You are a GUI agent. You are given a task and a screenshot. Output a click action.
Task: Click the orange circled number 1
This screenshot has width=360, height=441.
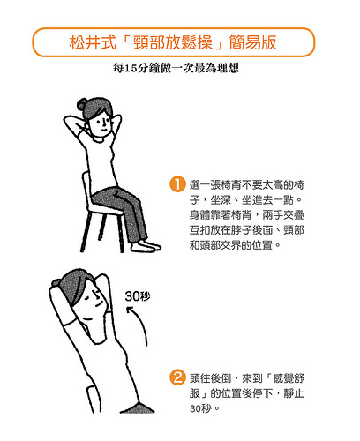pos(177,184)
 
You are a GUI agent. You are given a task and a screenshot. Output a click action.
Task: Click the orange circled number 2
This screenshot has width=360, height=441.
pos(177,377)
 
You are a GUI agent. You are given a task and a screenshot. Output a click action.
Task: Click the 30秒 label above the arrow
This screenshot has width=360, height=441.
pos(138,296)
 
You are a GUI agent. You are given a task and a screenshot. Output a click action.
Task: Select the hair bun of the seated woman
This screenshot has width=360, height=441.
pos(81,104)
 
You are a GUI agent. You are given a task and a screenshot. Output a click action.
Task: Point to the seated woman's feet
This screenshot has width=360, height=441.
pos(146,246)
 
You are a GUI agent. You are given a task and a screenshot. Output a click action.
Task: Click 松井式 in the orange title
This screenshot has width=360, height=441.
pos(93,42)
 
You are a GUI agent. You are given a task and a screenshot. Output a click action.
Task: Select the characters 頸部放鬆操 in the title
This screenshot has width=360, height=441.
pos(173,42)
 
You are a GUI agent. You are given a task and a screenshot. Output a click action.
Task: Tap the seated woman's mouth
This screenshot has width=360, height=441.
pos(104,129)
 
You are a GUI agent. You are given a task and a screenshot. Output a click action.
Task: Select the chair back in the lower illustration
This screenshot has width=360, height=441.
pos(94,400)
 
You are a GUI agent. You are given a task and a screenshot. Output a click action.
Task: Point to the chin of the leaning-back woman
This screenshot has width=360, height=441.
pos(87,320)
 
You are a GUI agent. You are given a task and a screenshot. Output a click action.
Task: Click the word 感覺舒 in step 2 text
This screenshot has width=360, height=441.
pos(289,378)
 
